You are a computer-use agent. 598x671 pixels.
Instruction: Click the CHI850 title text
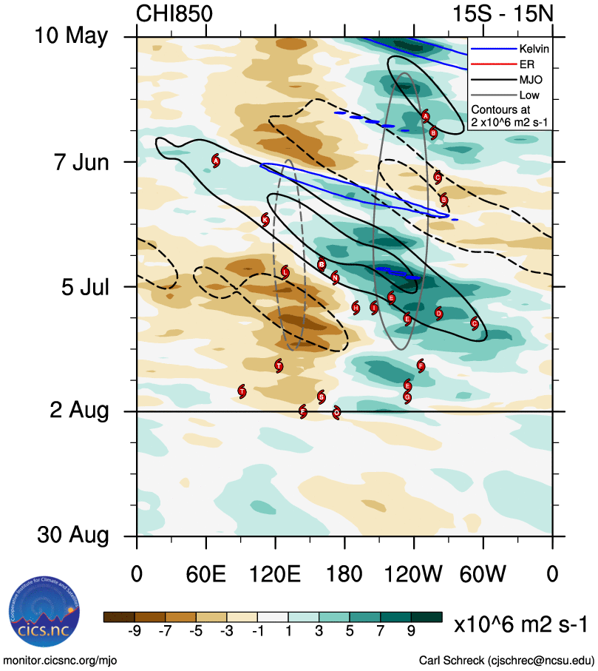(x=174, y=13)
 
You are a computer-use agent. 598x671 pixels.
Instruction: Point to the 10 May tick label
(x=71, y=36)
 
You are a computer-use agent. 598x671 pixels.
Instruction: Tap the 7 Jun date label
(x=81, y=161)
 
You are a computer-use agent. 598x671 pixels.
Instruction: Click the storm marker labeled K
(x=265, y=219)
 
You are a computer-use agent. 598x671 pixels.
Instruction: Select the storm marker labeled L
(x=285, y=272)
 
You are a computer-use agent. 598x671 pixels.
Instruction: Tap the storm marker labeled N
(x=335, y=278)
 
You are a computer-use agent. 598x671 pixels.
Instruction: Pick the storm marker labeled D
(x=438, y=314)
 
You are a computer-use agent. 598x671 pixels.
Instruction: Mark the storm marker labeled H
(x=356, y=307)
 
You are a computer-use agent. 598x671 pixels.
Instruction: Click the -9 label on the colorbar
(x=135, y=630)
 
